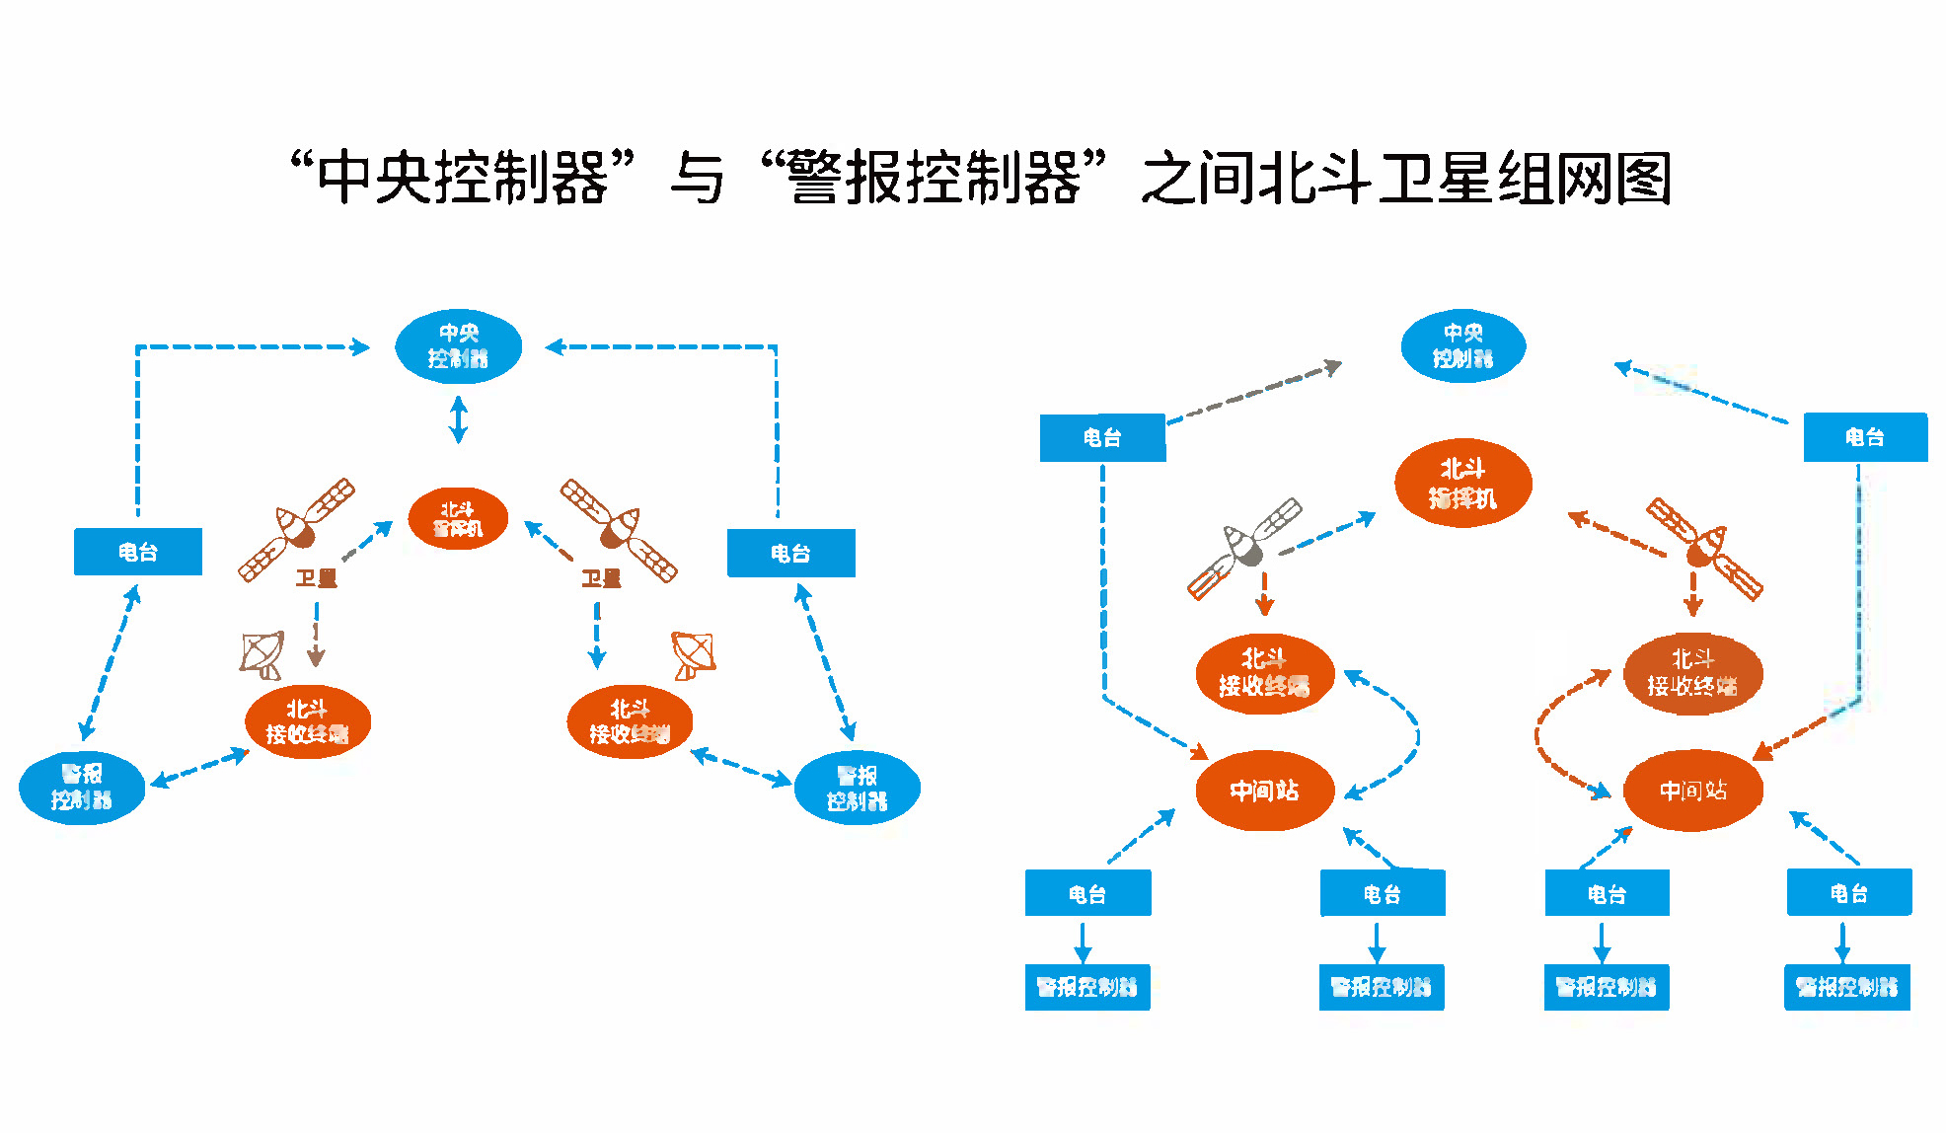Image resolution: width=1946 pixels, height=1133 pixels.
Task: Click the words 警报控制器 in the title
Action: [934, 179]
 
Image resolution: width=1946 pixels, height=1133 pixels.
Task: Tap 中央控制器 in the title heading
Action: [462, 179]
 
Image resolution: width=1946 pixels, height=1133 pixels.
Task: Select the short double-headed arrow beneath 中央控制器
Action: [458, 419]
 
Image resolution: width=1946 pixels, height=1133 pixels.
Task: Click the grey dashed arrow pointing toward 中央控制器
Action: [1253, 394]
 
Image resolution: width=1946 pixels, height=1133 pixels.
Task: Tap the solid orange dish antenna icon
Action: [693, 654]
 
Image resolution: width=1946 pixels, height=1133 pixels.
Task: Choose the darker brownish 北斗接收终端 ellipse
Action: [1692, 673]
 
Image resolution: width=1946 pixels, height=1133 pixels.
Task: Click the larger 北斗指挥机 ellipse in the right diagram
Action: [1462, 484]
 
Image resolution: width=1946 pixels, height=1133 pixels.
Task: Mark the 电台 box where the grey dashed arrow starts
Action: [1102, 437]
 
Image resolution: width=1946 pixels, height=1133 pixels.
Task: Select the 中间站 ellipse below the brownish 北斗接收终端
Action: [1692, 790]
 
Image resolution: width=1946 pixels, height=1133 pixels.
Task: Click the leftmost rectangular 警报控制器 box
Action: [1087, 987]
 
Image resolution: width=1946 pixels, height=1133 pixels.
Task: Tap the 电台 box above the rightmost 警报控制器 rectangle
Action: [1848, 893]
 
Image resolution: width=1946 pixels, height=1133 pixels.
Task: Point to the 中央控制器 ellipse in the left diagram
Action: [458, 346]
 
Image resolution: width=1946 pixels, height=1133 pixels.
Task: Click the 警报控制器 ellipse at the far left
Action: [82, 787]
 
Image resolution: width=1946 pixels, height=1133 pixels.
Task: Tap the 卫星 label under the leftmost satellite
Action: [316, 578]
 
